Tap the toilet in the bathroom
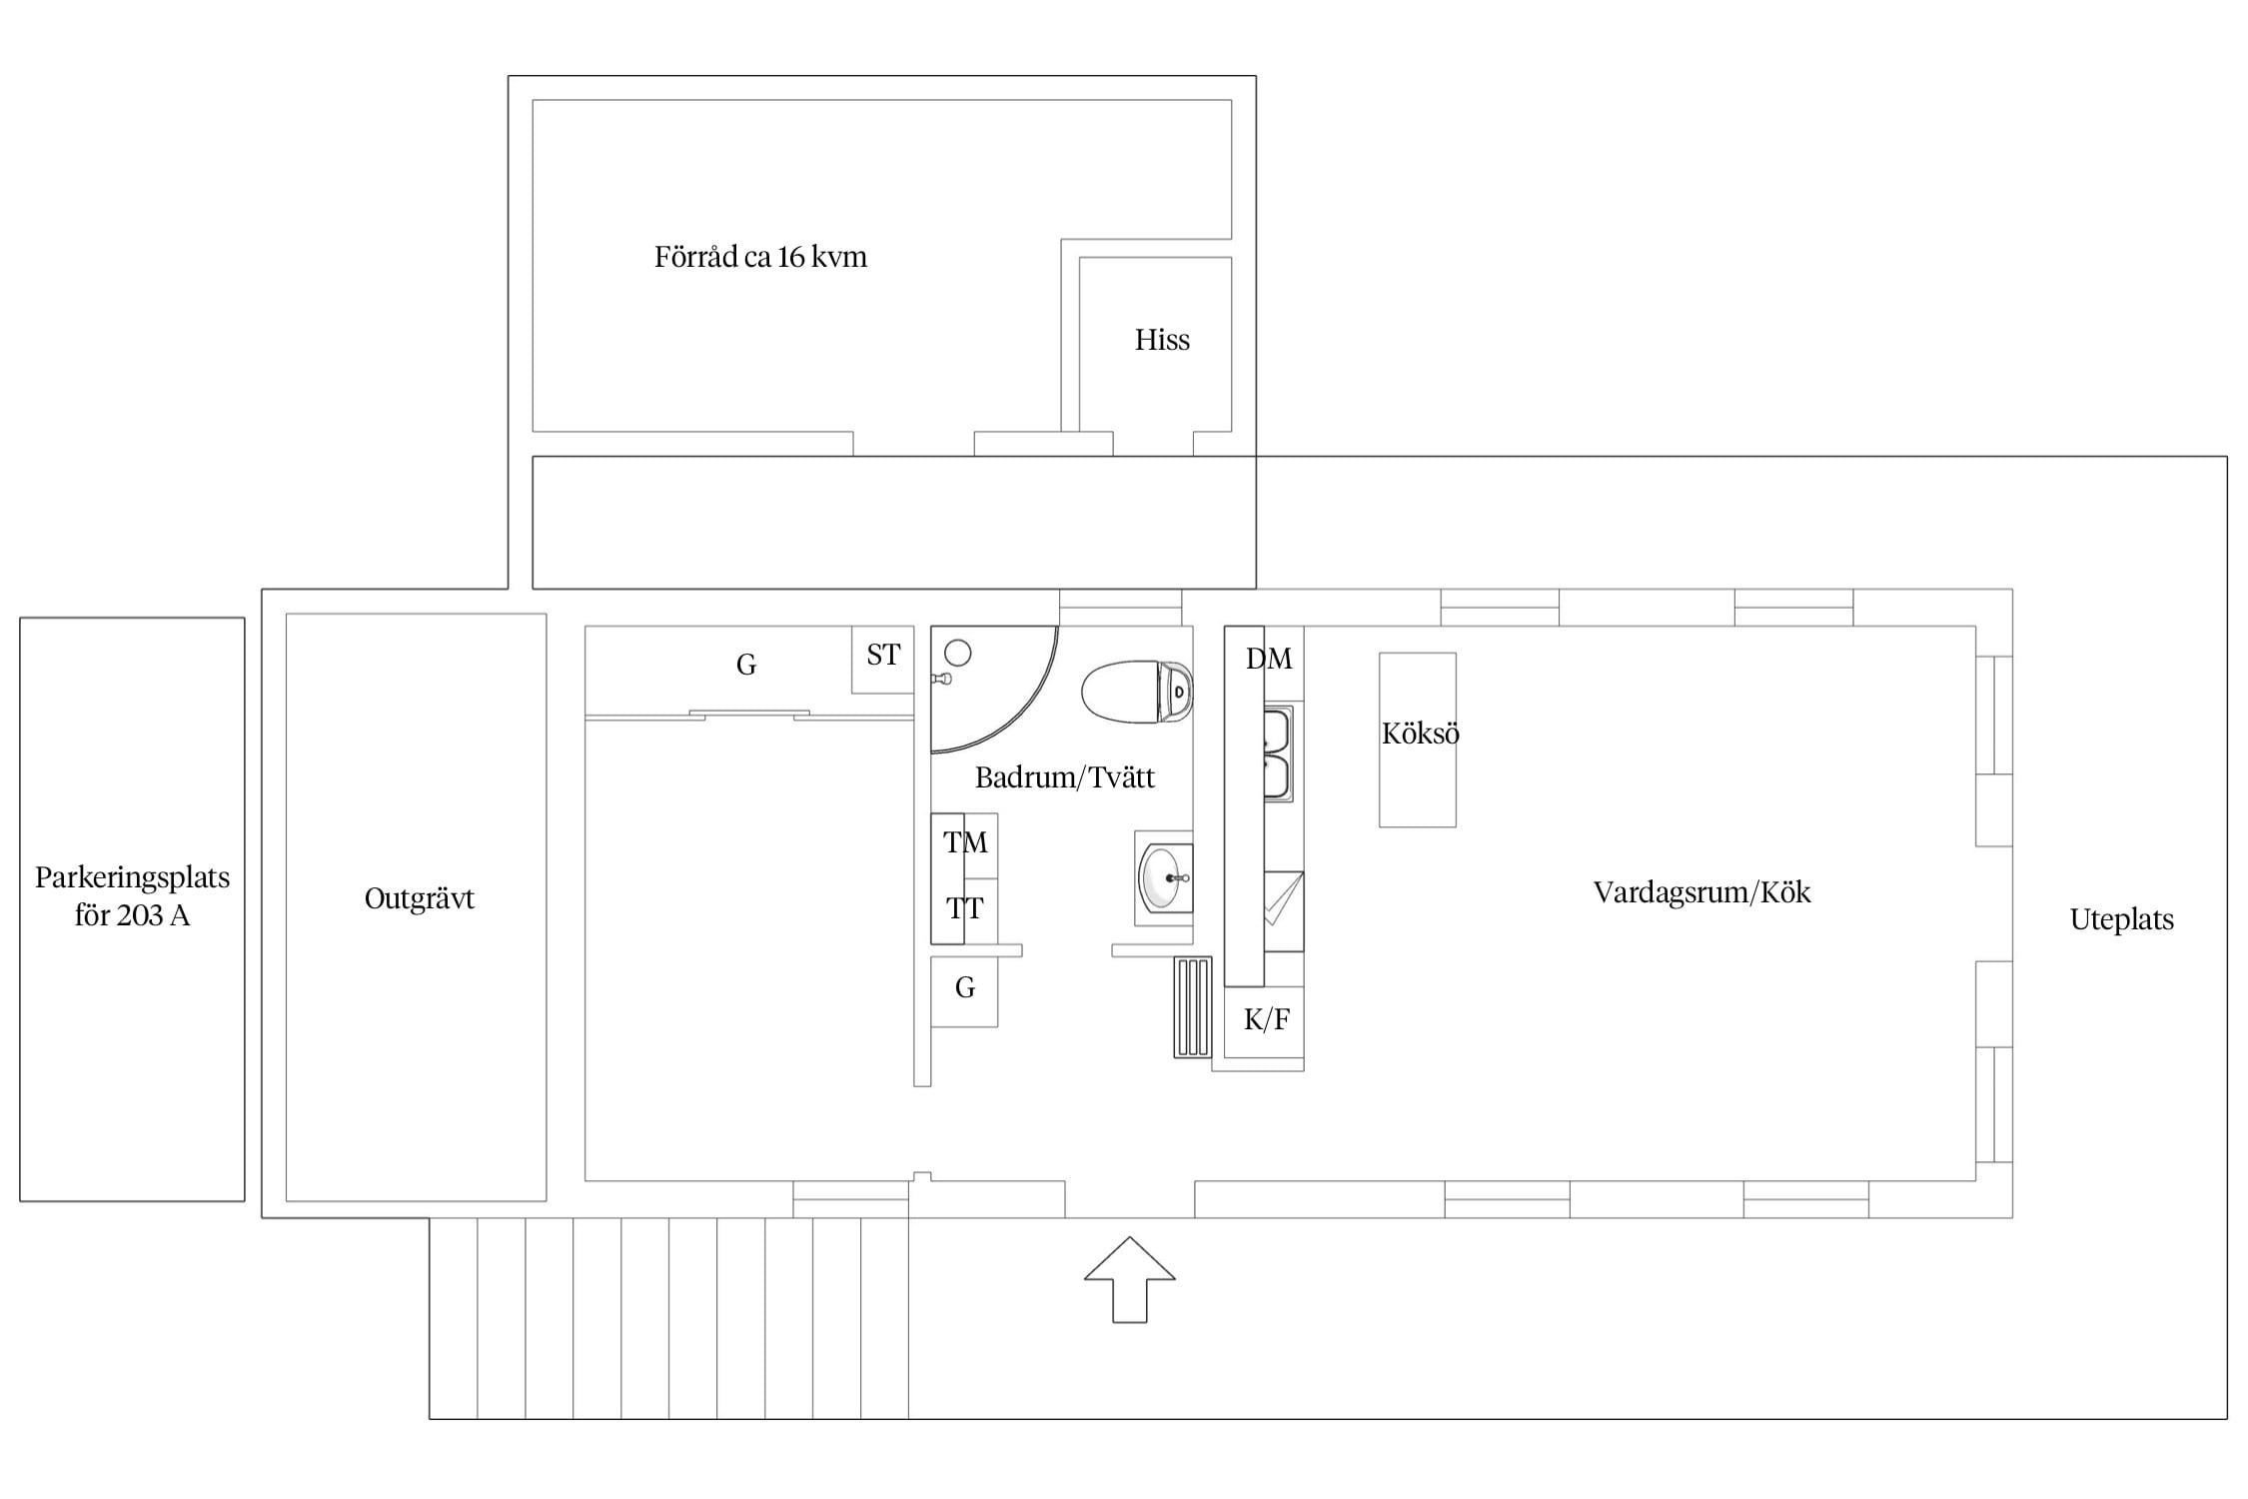coord(1137,691)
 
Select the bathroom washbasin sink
coord(1164,878)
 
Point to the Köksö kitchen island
coord(1418,740)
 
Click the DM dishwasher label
coord(1269,659)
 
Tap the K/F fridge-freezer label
coord(1267,1019)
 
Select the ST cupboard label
coord(883,655)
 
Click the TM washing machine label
coord(965,842)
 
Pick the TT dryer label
coord(965,908)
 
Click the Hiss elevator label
coord(1162,340)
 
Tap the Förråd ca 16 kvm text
coord(760,257)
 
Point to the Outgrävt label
coord(419,898)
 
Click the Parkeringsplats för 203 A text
coord(132,896)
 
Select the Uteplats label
coord(2121,919)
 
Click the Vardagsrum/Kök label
coord(1701,891)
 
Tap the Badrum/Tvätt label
coord(1064,776)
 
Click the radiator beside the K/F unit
coord(1193,1006)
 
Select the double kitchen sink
coord(1278,753)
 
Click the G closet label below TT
coord(964,987)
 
